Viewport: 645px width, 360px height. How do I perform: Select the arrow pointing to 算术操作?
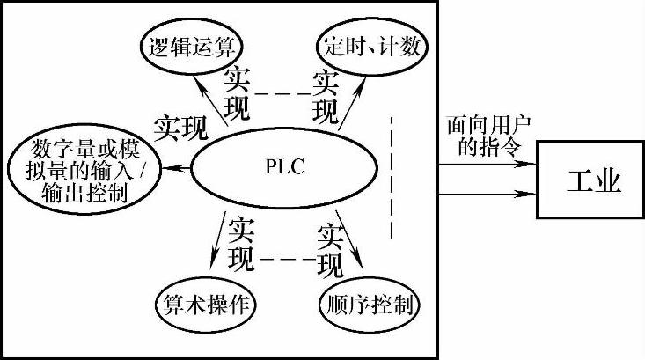click(x=217, y=241)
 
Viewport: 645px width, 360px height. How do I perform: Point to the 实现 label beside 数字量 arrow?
click(x=180, y=129)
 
